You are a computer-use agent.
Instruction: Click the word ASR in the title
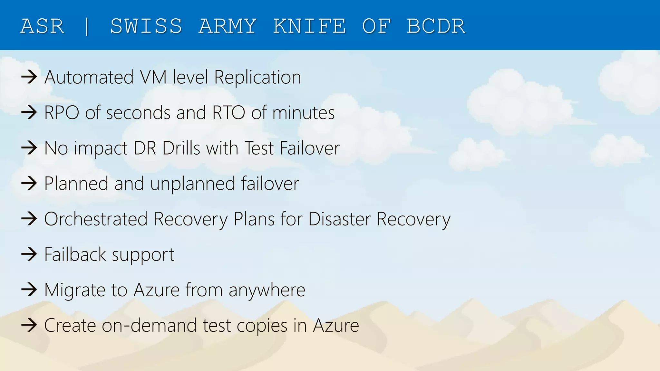point(42,26)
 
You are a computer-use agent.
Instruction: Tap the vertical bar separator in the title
point(87,26)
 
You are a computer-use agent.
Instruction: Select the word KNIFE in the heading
point(309,26)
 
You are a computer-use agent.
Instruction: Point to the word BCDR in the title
point(436,26)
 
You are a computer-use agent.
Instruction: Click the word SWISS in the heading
point(146,26)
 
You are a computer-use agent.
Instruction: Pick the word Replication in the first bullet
point(257,77)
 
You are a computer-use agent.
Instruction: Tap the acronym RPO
point(62,113)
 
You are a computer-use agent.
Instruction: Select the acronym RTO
point(228,113)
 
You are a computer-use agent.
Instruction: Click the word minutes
point(303,113)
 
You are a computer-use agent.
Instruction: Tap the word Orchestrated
point(96,219)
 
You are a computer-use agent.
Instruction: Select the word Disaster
point(339,219)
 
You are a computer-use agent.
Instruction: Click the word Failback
point(75,254)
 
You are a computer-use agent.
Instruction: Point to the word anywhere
point(267,290)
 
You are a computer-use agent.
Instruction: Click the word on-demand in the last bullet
point(149,325)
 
